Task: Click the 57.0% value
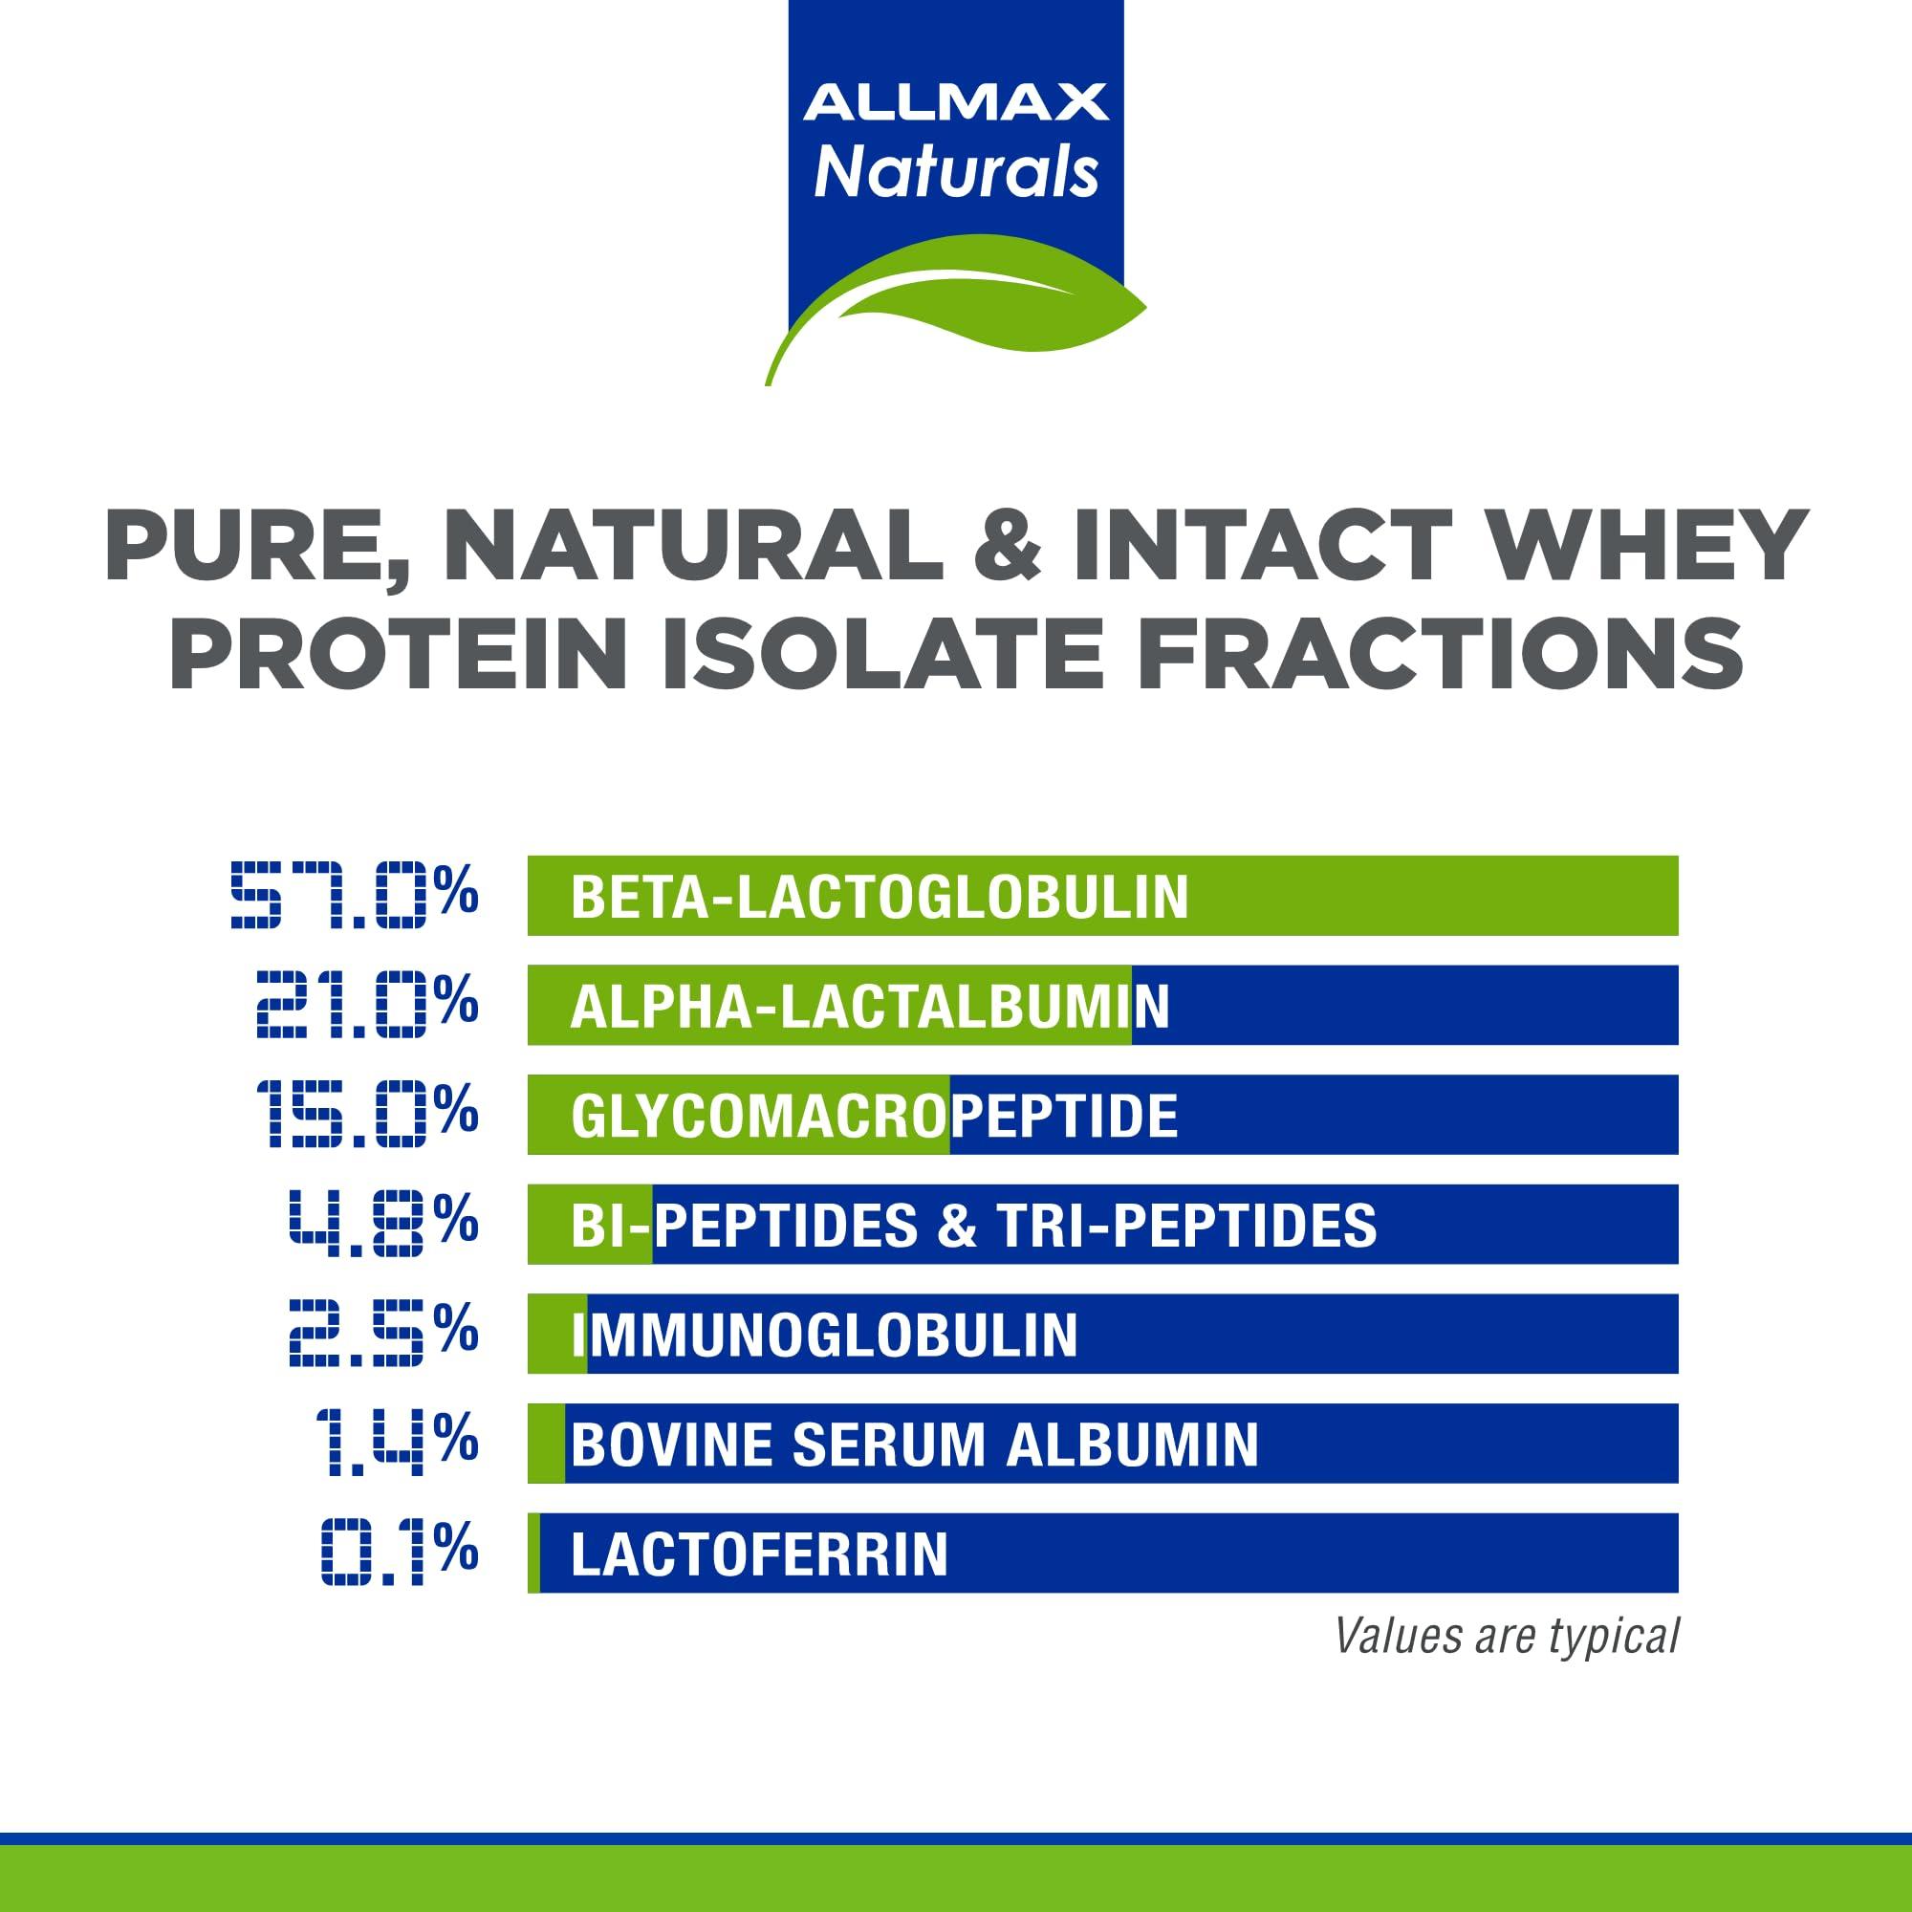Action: [355, 896]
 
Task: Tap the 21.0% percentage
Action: [367, 1005]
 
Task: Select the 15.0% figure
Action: [367, 1115]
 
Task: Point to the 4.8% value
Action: [383, 1225]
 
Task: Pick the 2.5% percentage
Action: [383, 1334]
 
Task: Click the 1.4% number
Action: [396, 1443]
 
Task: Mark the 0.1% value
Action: [400, 1553]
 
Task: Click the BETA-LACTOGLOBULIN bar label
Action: [879, 897]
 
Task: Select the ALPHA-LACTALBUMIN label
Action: [869, 1007]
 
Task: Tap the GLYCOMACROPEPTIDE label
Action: [874, 1117]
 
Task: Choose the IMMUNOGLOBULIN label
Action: [824, 1335]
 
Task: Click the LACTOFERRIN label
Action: [759, 1553]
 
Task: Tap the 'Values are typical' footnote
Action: [1507, 1636]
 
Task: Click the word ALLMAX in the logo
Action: [955, 103]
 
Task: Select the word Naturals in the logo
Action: [955, 172]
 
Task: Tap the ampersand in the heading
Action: [1008, 545]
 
